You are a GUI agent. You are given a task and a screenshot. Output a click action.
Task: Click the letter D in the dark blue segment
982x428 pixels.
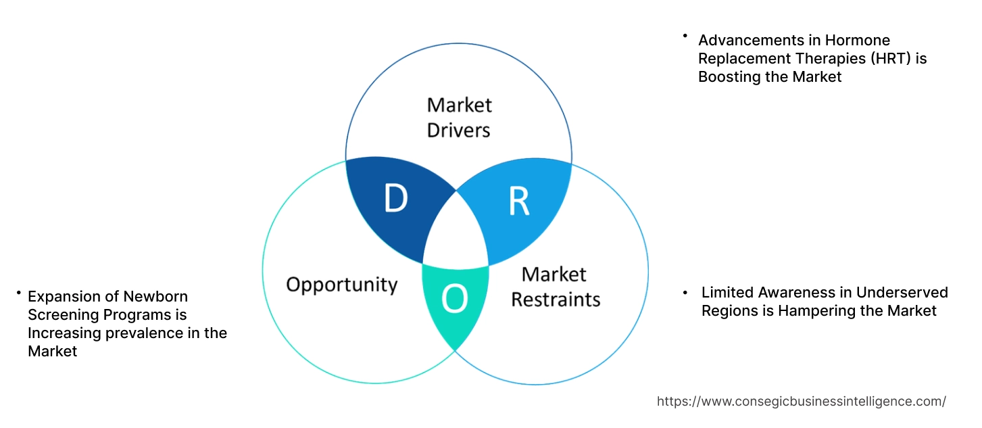(395, 199)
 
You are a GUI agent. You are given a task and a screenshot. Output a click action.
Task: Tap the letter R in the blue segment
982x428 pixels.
(519, 202)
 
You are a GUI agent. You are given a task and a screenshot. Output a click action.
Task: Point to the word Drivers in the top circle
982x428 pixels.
(458, 129)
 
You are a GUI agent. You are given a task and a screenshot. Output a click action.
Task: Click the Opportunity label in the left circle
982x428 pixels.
(341, 284)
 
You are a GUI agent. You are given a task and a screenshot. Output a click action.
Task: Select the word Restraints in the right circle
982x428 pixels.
(556, 299)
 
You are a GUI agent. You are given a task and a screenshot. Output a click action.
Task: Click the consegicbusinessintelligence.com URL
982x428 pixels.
(802, 401)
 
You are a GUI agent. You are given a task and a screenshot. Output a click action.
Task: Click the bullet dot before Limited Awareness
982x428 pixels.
(685, 292)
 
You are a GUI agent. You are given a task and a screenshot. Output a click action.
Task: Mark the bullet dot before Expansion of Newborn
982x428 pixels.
(19, 293)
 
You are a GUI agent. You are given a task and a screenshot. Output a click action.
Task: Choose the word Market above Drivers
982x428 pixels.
(460, 105)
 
